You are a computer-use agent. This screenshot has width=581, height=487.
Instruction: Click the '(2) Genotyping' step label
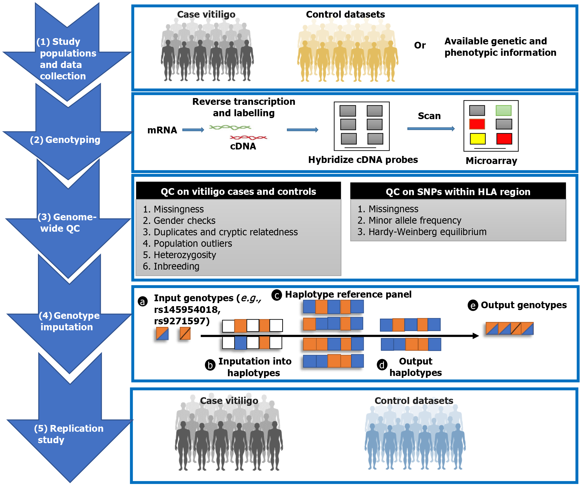(65, 140)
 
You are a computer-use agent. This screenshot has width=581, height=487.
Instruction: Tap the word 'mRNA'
(162, 130)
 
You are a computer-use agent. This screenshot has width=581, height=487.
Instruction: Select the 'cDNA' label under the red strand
(243, 146)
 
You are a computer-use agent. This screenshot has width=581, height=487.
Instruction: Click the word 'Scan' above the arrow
(429, 116)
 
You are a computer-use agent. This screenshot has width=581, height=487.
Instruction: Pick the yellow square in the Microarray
(478, 139)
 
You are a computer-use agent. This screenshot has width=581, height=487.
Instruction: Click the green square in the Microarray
(504, 111)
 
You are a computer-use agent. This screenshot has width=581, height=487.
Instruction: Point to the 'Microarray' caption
(491, 161)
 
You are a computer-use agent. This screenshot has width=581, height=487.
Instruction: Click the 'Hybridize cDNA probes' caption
(363, 160)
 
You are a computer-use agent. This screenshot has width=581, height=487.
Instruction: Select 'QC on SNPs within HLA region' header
(458, 192)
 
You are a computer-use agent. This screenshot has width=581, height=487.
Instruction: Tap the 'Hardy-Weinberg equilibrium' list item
(422, 232)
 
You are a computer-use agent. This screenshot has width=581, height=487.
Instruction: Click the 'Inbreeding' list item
(171, 266)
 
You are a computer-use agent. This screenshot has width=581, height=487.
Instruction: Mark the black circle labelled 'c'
(277, 295)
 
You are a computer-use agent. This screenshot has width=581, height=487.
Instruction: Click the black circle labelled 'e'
(473, 306)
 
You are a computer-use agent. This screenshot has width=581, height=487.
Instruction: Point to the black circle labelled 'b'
(210, 365)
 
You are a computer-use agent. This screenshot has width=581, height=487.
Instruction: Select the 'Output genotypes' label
(524, 305)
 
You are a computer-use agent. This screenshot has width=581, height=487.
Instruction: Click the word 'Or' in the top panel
(420, 45)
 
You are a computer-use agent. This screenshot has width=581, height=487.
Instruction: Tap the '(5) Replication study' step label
(69, 434)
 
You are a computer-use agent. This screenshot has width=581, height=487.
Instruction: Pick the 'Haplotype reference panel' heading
(348, 294)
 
